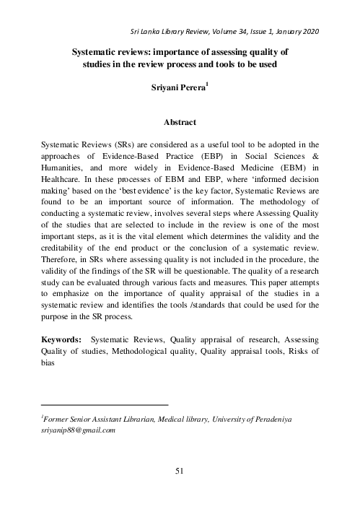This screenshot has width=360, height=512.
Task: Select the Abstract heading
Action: (x=180, y=123)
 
